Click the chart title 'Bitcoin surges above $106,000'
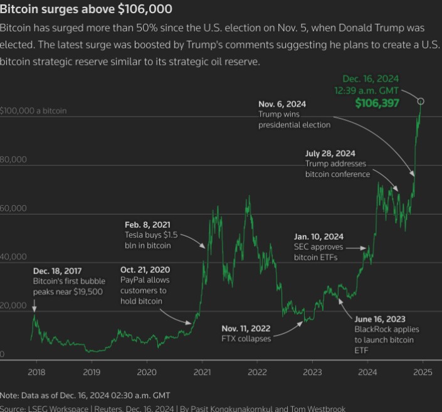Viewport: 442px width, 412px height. point(86,9)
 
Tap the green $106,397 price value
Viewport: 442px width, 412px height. point(377,103)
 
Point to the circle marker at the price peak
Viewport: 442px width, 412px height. point(421,101)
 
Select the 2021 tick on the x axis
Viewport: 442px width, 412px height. point(202,371)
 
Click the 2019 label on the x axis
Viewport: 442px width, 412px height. point(92,371)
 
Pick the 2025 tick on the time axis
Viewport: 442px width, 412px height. point(423,371)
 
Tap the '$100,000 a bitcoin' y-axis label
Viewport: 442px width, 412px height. point(34,111)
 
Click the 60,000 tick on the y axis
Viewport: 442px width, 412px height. point(13,208)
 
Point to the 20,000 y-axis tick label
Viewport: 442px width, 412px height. point(13,305)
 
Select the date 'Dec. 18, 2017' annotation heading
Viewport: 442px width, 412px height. point(58,270)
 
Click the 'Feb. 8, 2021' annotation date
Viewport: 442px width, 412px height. point(147,224)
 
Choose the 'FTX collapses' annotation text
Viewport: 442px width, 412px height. point(246,339)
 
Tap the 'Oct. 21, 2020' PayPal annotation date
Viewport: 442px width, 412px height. point(145,269)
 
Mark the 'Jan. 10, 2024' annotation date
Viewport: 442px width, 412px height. point(318,236)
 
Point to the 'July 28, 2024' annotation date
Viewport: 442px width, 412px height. point(330,153)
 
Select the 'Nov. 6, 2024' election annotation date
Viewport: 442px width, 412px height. point(283,104)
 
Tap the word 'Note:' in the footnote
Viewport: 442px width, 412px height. point(10,395)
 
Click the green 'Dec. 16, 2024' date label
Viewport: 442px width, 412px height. point(371,79)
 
